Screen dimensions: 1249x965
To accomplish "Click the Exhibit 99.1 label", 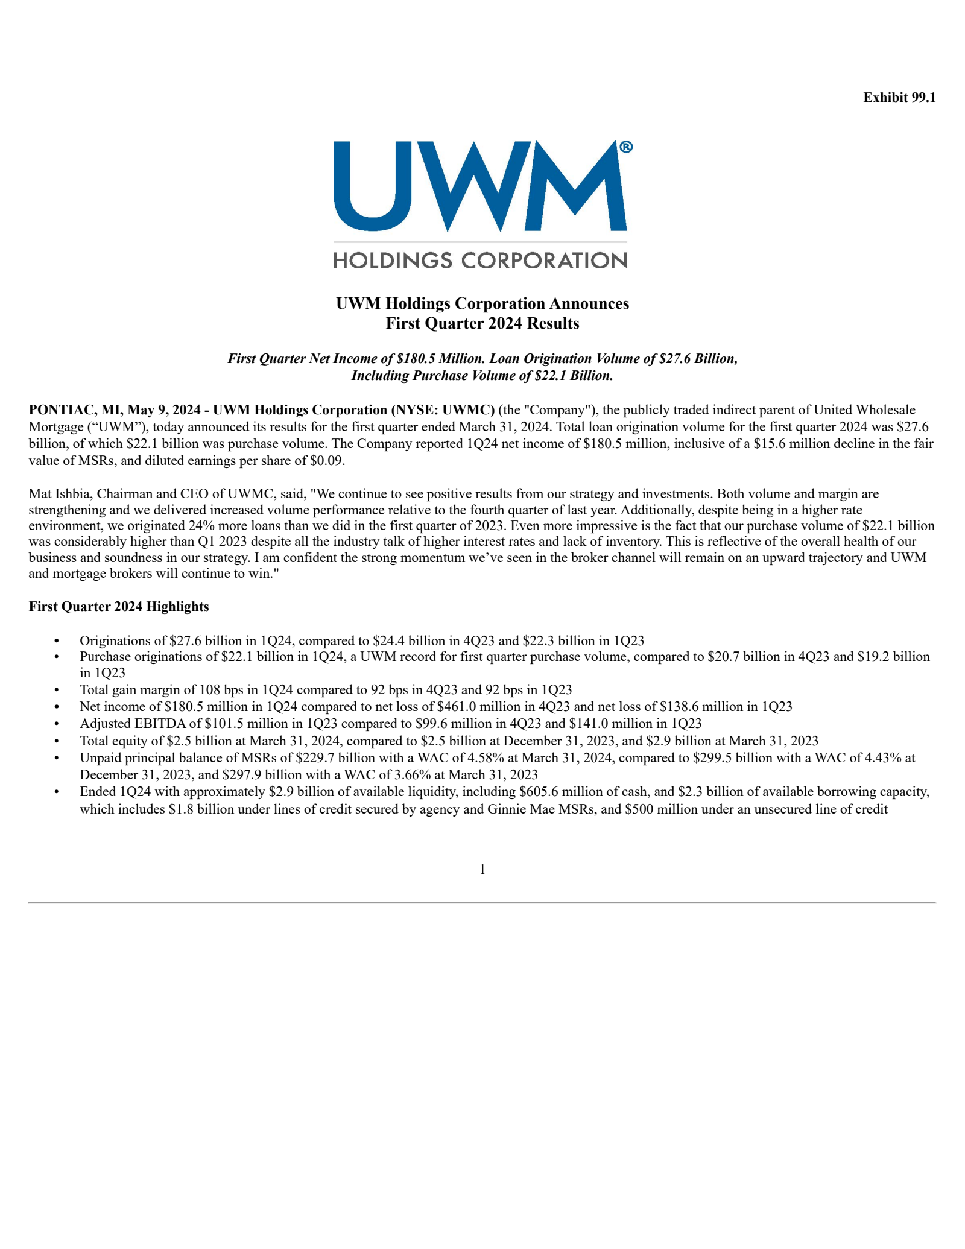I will [899, 98].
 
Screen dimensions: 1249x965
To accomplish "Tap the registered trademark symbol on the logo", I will [626, 148].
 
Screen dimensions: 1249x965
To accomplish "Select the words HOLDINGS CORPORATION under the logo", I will [480, 261].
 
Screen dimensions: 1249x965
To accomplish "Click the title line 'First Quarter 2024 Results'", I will [482, 324].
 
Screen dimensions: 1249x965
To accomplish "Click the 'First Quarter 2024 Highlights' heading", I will [119, 607].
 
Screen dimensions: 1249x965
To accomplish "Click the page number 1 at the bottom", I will [482, 869].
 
